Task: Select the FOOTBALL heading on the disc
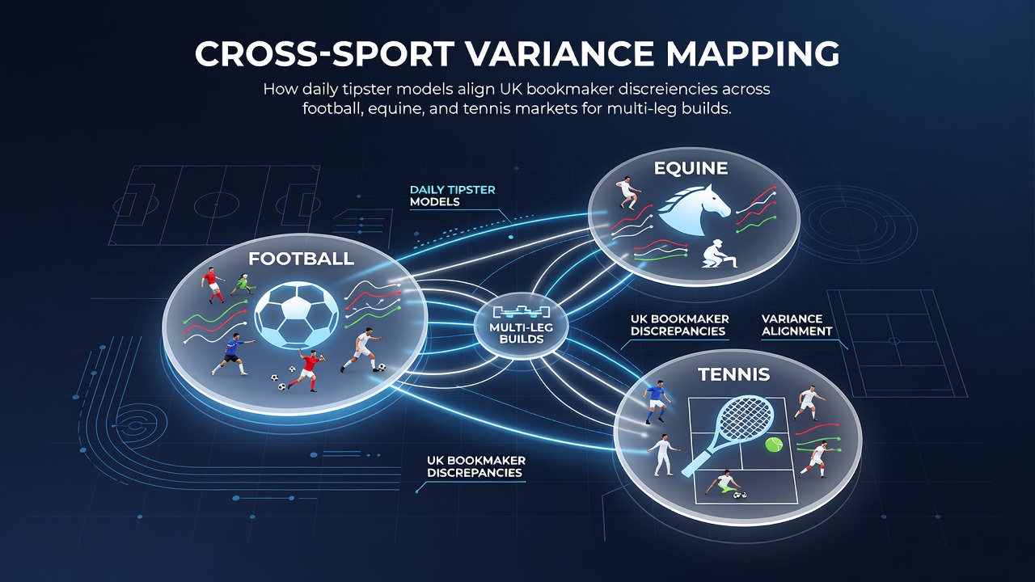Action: click(x=302, y=259)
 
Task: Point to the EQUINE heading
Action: click(x=691, y=168)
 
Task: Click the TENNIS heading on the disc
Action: click(x=733, y=374)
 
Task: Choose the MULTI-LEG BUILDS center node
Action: click(x=522, y=326)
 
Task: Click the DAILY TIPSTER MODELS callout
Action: click(x=452, y=196)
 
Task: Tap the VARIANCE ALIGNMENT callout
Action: click(x=796, y=325)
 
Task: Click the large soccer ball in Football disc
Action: click(x=296, y=315)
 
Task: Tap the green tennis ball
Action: click(x=774, y=445)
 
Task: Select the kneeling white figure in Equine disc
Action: click(x=718, y=254)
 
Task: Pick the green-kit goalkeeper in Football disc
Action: click(x=243, y=284)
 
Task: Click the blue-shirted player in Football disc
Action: click(x=231, y=354)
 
